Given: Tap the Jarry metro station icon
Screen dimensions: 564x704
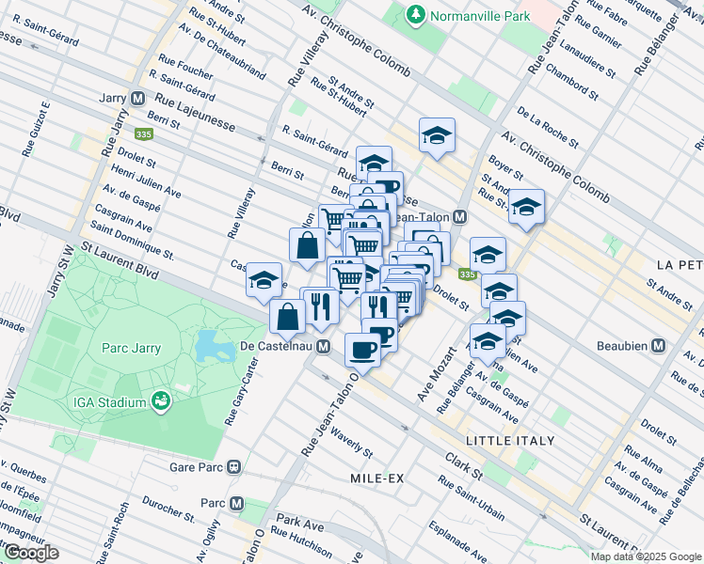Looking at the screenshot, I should (137, 97).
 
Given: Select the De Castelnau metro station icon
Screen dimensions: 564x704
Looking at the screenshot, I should (323, 347).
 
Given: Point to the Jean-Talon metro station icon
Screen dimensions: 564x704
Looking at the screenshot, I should (459, 216).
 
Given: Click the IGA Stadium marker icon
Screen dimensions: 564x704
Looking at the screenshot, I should (161, 402).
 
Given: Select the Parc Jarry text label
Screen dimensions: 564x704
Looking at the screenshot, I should (131, 349).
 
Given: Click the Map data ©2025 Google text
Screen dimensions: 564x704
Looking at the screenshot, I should (646, 556).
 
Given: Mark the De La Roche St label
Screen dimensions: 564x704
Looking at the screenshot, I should (547, 127).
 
